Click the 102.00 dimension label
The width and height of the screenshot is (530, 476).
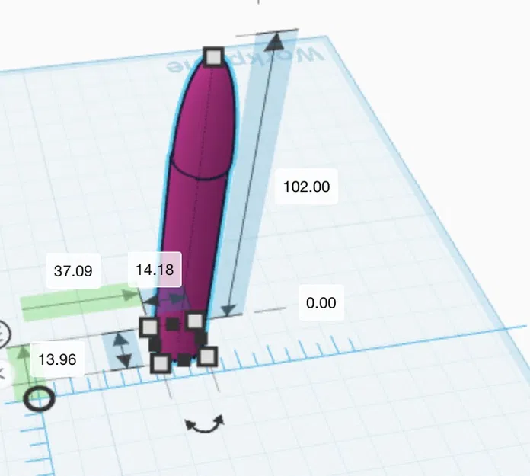point(306,187)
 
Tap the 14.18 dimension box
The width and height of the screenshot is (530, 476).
point(155,270)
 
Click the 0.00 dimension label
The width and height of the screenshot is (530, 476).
point(321,303)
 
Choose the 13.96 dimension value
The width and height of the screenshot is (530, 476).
point(57,359)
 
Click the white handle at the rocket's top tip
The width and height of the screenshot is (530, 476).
point(214,56)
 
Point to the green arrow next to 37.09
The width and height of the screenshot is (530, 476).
point(80,302)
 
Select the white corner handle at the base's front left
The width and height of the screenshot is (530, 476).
point(161,363)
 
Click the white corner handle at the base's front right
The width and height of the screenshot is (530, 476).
point(207,356)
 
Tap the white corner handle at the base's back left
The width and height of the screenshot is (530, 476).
point(149,327)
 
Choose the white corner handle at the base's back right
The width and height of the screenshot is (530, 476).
point(195,320)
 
